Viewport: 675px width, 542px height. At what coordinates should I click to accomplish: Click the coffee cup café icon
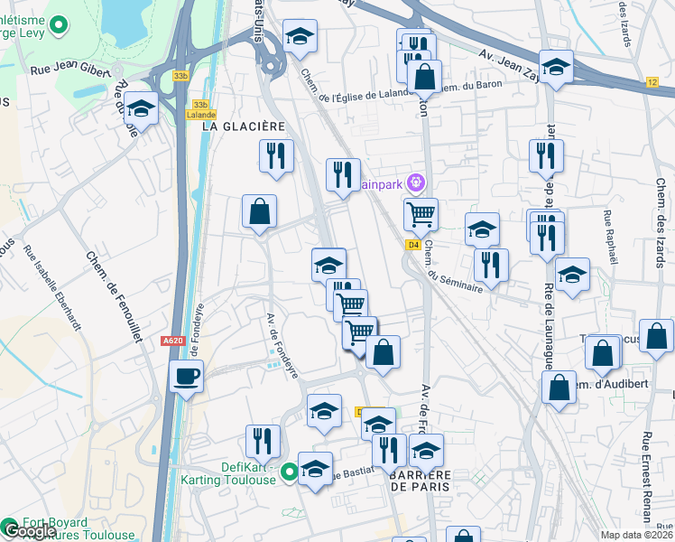coord(187,376)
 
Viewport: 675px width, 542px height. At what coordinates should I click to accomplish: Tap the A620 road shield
coord(171,341)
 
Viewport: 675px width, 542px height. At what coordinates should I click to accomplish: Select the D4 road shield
coord(413,244)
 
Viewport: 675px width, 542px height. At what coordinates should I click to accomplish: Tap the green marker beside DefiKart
coord(289,471)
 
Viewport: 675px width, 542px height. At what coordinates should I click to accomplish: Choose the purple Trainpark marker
coord(415,182)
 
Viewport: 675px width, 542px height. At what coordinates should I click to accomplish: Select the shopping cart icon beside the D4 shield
coord(421,215)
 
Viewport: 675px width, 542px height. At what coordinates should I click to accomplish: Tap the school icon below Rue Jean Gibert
coord(142,109)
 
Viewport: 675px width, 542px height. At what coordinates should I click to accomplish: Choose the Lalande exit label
coord(200,115)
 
